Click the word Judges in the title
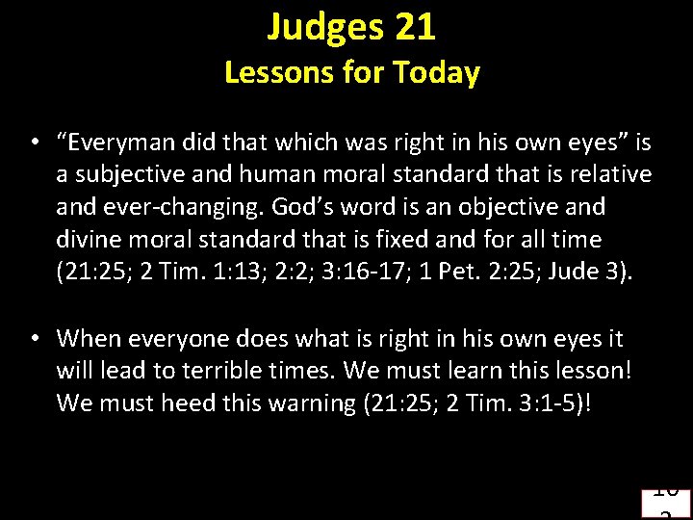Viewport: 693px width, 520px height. pos(324,29)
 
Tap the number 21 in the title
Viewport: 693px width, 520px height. pos(415,29)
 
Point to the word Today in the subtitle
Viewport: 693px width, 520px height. pos(438,73)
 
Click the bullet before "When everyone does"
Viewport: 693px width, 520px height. pos(34,339)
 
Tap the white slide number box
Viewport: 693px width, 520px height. pos(666,504)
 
